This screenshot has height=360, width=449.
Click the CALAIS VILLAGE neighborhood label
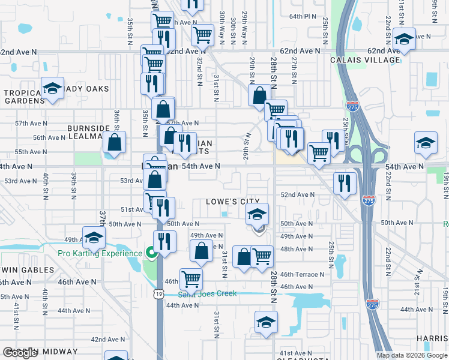365,60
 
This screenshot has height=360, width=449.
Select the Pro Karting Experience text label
100,253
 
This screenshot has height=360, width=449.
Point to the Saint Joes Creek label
208,293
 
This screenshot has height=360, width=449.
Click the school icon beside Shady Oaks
53,89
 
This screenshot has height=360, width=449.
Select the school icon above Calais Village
405,40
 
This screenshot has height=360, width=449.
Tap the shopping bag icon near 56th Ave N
114,143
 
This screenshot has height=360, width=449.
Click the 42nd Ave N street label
107,339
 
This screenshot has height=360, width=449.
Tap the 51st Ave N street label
131,209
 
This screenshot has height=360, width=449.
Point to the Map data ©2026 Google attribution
411,355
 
